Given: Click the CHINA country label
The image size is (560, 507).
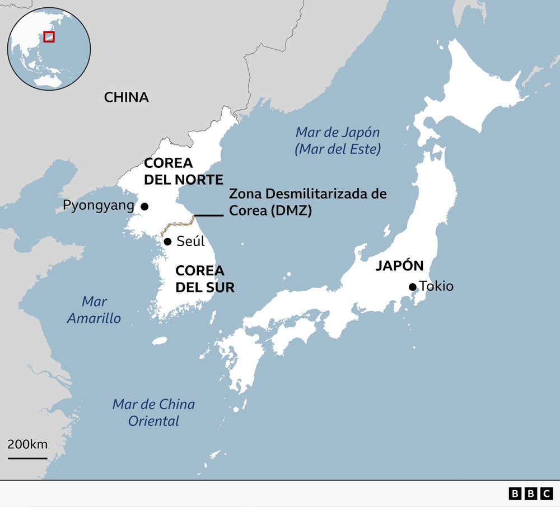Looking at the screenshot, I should point(126,97).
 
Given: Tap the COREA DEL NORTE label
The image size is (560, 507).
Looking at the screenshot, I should point(183,171).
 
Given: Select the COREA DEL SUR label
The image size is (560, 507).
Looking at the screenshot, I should point(204,279).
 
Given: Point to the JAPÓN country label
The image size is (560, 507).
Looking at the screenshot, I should point(399,266).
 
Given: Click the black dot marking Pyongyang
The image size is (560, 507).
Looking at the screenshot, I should point(144,206).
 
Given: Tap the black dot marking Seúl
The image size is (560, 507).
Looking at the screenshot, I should point(167,242).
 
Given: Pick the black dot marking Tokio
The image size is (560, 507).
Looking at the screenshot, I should point(413,287).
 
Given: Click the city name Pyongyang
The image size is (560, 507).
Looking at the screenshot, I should point(99,205).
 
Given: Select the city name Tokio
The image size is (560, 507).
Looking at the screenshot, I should point(436,287).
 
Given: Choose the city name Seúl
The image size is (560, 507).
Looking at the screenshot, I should point(190,242).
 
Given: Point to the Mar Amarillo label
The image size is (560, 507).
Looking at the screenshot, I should point(94,309).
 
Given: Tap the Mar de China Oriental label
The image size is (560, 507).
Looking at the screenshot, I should point(153,412).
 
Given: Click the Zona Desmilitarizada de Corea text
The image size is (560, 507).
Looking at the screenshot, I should point(307,202).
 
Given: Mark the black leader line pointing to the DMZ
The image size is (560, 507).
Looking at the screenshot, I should point(208,215).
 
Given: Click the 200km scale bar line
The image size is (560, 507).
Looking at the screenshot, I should point(27,458).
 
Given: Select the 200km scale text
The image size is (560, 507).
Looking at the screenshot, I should point(27,445).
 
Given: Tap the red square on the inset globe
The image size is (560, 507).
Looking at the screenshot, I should point(49,36).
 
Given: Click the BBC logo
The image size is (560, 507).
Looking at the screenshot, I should point(530,493).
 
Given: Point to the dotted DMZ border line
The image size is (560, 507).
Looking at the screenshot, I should point(176,226).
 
